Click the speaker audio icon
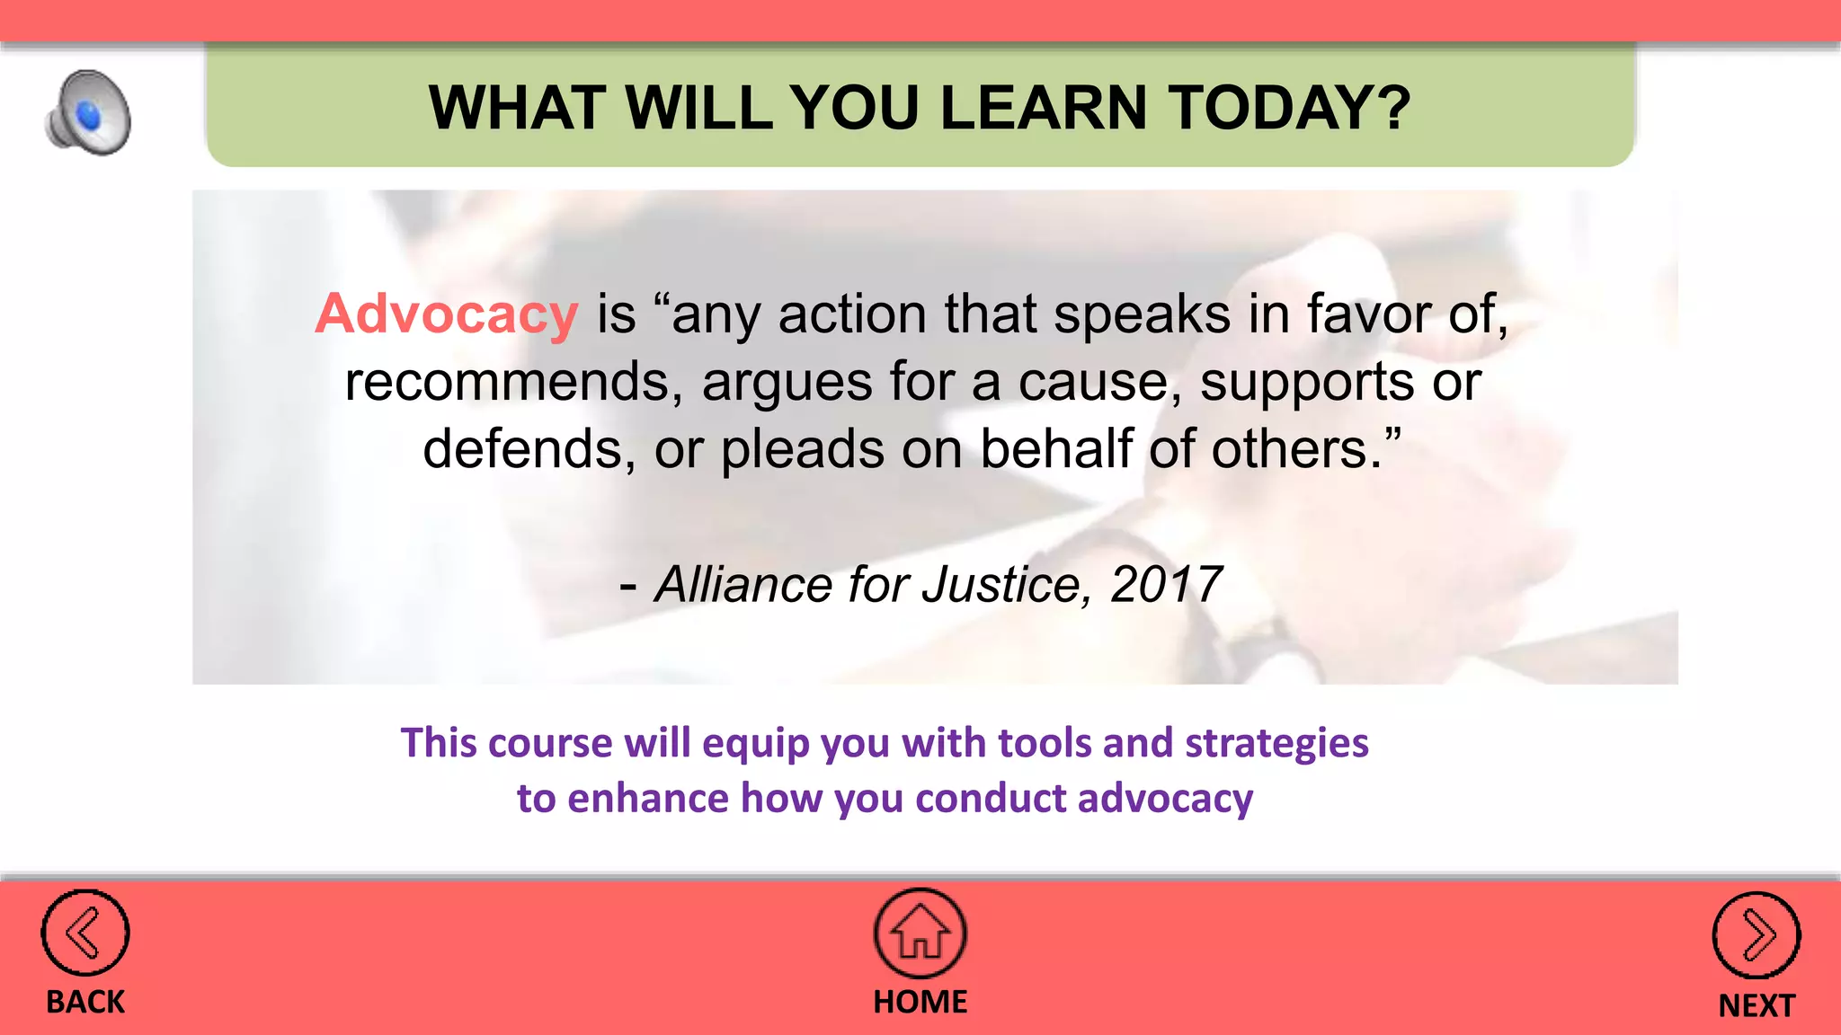(88, 112)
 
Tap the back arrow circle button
(85, 933)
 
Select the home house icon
(920, 933)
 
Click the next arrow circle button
(1756, 935)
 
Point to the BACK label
(85, 1002)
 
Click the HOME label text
(920, 1002)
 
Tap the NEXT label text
(1756, 1005)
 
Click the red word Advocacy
(447, 314)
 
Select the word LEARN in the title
(1044, 108)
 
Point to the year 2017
(1166, 585)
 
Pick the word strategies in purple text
(1276, 743)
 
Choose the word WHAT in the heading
(516, 108)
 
